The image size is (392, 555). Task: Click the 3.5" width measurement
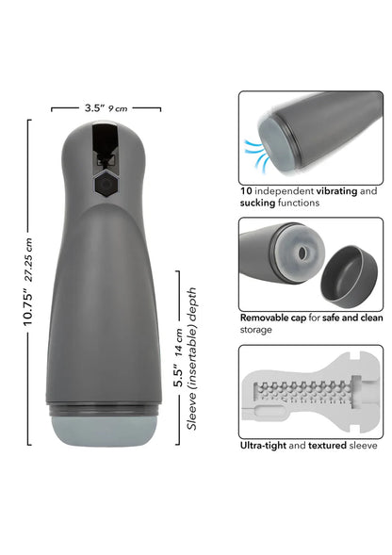93,108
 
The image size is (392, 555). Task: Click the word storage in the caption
256,330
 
